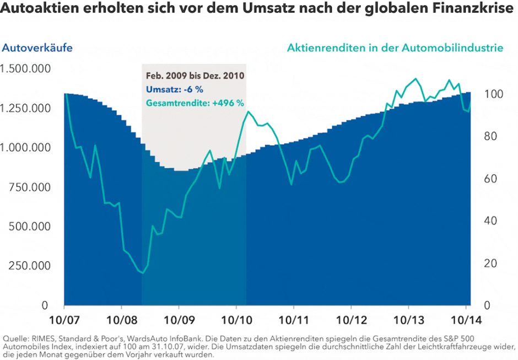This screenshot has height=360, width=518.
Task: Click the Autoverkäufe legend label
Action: pos(37,48)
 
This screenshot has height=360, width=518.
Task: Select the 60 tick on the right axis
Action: pos(481,179)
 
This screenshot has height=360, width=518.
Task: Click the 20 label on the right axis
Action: pos(481,264)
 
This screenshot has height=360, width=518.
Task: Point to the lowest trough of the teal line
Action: pos(143,272)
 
